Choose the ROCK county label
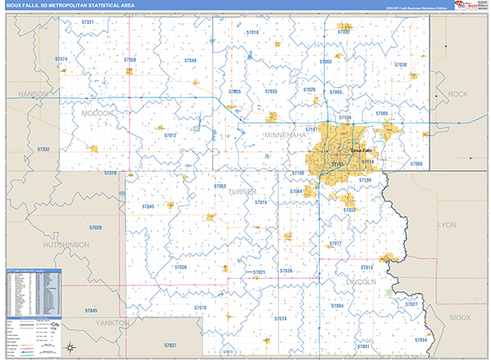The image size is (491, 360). [x=458, y=95]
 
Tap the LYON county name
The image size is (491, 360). [x=447, y=224]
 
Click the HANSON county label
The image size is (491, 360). [x=33, y=95]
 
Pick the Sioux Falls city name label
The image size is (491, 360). [x=361, y=151]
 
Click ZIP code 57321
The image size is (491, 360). [x=88, y=23]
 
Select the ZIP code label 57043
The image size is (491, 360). [x=147, y=207]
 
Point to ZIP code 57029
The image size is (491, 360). [x=95, y=227]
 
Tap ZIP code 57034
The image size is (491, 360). [x=421, y=340]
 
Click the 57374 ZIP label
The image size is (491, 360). [x=62, y=60]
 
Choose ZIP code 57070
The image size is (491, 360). [x=200, y=308]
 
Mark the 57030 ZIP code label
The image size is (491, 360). [x=400, y=65]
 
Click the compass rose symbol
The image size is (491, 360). [x=72, y=344]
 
